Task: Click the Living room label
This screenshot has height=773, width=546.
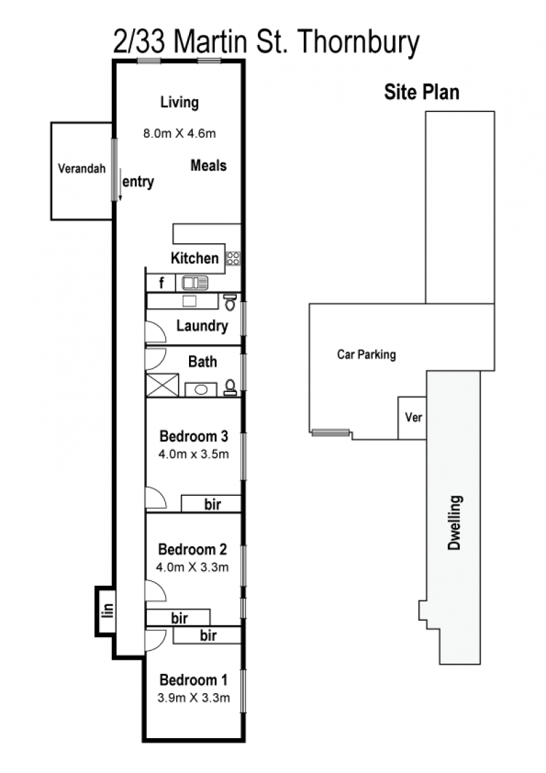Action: [x=179, y=102]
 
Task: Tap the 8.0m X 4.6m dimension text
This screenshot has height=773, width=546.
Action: [x=179, y=133]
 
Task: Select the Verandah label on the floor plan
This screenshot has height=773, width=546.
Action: [x=82, y=169]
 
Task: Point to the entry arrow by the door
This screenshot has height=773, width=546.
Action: [x=120, y=184]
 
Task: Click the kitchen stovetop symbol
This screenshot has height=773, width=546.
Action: [x=233, y=258]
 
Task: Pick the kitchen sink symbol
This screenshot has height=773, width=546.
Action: [x=195, y=283]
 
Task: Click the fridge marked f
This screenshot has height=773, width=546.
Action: [x=161, y=283]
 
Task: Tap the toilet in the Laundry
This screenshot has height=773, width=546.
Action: [x=230, y=302]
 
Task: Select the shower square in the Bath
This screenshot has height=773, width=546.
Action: [x=162, y=385]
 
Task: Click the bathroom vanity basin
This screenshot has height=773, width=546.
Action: [x=201, y=389]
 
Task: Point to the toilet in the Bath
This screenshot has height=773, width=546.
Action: [x=230, y=387]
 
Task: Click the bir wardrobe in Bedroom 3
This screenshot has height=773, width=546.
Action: [x=211, y=504]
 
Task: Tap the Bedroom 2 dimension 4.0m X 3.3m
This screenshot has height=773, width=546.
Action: [x=192, y=567]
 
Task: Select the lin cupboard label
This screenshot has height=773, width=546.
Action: [x=107, y=610]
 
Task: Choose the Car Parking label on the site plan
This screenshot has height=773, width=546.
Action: [x=367, y=354]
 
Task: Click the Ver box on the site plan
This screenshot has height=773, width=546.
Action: [x=412, y=418]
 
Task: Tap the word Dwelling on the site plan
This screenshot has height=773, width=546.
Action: [x=454, y=522]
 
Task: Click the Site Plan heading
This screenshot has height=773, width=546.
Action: [x=422, y=92]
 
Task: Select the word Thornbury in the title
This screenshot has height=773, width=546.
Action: [x=359, y=42]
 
